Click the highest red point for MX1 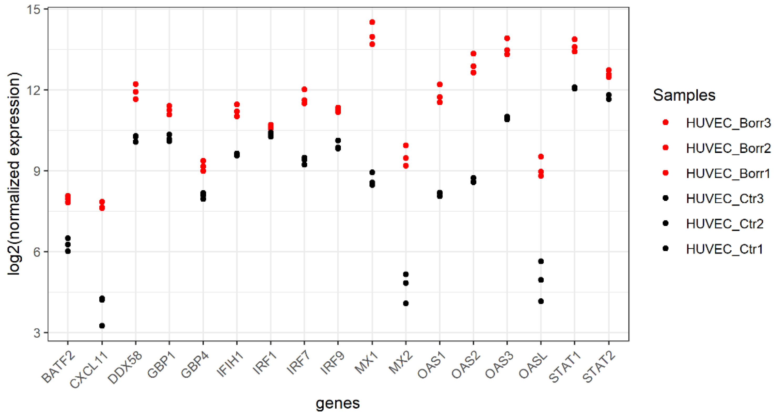[x=372, y=22]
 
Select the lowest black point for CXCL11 [x=102, y=326]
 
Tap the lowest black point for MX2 [x=406, y=303]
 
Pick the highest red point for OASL [x=541, y=157]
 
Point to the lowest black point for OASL [x=541, y=301]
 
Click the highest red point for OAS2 [x=473, y=54]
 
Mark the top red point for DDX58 [x=136, y=84]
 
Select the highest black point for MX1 [x=372, y=172]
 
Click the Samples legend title [x=684, y=95]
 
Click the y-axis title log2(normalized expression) [x=14, y=174]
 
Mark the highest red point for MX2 [x=406, y=145]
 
